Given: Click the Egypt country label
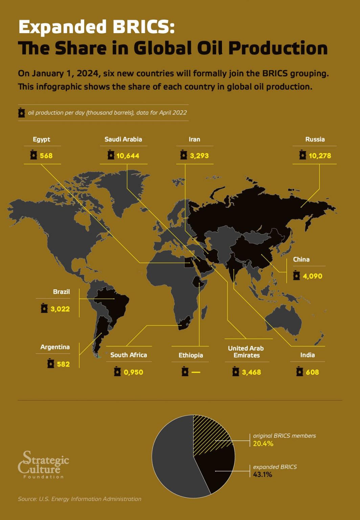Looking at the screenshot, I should coord(41,139).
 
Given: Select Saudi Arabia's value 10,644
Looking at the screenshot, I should coord(128,156).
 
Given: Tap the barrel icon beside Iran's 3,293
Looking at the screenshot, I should coord(184,155).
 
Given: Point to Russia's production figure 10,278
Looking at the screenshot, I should coord(320,156).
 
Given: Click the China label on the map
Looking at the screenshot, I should coord(301,260).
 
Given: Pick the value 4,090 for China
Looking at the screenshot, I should coord(312,276).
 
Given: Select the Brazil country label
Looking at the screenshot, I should coord(61,292).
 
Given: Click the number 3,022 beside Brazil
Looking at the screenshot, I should coord(60,309).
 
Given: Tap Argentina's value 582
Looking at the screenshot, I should coord(63,364).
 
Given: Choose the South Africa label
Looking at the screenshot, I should coord(129,355).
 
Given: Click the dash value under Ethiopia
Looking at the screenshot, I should coord(196,372).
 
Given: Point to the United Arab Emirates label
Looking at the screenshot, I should coord(246,352).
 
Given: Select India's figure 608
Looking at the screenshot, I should coord(312,372).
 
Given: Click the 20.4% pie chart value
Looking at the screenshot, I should coord(263,444).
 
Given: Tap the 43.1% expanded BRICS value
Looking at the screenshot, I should coord(263,475).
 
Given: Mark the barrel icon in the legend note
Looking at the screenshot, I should coord(22,113).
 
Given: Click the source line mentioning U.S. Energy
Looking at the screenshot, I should coord(80,499).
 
